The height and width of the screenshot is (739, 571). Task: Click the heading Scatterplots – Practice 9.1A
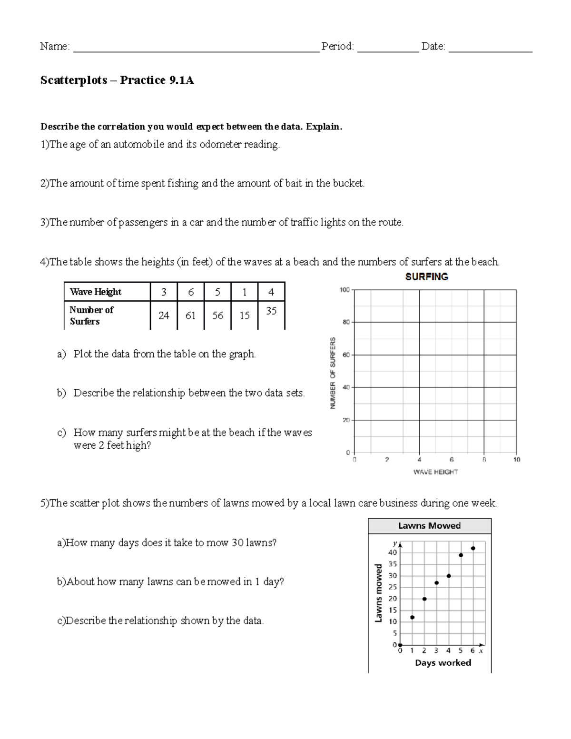pyautogui.click(x=117, y=80)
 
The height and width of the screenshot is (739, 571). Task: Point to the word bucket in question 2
pyautogui.click(x=347, y=184)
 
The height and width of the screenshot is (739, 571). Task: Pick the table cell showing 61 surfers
pyautogui.click(x=190, y=315)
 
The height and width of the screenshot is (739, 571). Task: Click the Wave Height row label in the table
pyautogui.click(x=96, y=292)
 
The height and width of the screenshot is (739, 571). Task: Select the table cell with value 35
pyautogui.click(x=271, y=311)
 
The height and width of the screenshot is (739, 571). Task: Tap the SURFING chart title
pyautogui.click(x=426, y=276)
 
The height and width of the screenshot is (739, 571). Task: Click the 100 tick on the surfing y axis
pyautogui.click(x=345, y=290)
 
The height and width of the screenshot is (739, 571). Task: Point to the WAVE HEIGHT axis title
pyautogui.click(x=435, y=472)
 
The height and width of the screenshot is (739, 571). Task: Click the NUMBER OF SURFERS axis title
pyautogui.click(x=333, y=373)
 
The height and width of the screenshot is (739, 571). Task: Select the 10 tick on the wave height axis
pyautogui.click(x=517, y=460)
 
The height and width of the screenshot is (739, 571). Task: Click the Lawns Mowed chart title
pyautogui.click(x=429, y=526)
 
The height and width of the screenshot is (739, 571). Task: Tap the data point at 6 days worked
pyautogui.click(x=473, y=548)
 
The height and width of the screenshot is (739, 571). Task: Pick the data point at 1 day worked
pyautogui.click(x=412, y=617)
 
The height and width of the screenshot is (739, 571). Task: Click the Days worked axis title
pyautogui.click(x=443, y=663)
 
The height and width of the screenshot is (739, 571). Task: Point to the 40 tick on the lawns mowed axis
pyautogui.click(x=393, y=552)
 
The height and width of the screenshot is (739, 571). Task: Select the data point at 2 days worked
pyautogui.click(x=424, y=599)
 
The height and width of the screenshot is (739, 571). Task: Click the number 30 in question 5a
pyautogui.click(x=237, y=543)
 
